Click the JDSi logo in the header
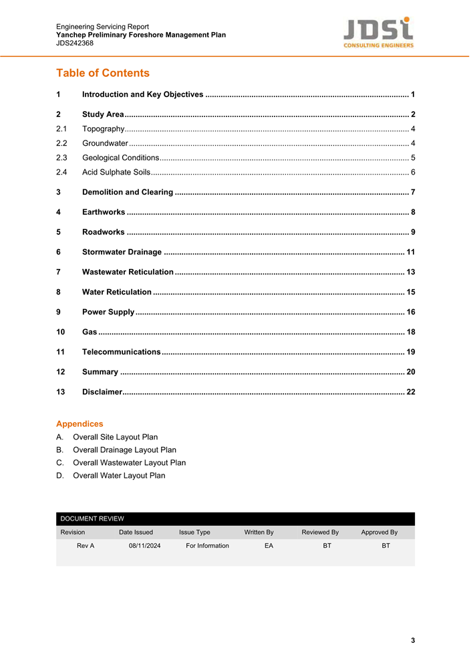[x=378, y=32]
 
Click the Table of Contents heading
[x=103, y=73]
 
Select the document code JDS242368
[x=75, y=43]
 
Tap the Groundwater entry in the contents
[x=105, y=143]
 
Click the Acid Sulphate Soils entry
[x=116, y=173]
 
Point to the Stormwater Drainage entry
[x=122, y=252]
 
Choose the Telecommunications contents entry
[x=121, y=352]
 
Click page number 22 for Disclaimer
[x=410, y=392]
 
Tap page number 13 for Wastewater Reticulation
[x=410, y=272]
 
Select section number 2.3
[x=62, y=158]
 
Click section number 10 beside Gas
[x=61, y=332]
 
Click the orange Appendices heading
[x=80, y=423]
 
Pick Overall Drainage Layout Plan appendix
[x=124, y=450]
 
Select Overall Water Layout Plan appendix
[x=119, y=476]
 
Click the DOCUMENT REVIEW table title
[x=92, y=518]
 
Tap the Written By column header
[x=259, y=533]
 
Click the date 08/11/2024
[x=144, y=546]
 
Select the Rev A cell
[x=86, y=546]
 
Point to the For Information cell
[x=207, y=546]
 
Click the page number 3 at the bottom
[x=413, y=640]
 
